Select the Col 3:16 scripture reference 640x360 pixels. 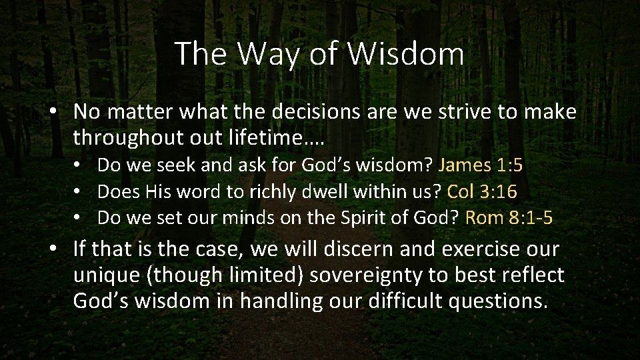point(482,192)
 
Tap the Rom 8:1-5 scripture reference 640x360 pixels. point(509,218)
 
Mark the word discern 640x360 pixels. point(363,250)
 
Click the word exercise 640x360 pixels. point(475,250)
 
